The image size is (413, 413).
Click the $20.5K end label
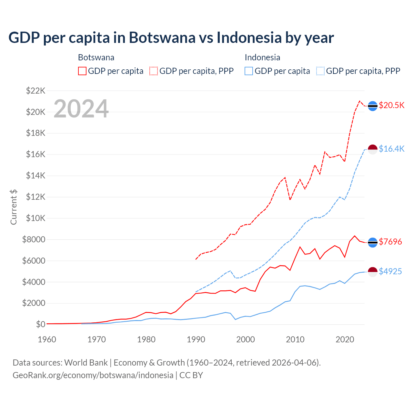[391, 106]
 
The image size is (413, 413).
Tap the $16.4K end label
[391, 149]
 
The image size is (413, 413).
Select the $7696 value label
[390, 242]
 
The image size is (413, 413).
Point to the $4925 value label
[390, 271]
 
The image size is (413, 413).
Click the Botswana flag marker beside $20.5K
[373, 106]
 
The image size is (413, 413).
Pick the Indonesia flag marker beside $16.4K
[373, 149]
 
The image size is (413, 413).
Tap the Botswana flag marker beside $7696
[373, 242]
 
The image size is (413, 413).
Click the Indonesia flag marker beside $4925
[373, 272]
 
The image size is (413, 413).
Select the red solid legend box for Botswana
[82, 71]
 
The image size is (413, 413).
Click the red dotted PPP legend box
[154, 71]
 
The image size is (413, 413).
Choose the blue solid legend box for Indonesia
[249, 71]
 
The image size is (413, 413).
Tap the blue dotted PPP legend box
[320, 71]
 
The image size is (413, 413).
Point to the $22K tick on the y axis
[35, 91]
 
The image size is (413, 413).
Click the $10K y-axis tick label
[35, 218]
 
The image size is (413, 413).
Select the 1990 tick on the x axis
[196, 339]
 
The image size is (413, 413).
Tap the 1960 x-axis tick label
[47, 339]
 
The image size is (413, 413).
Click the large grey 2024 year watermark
[81, 109]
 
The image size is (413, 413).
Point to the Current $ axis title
[14, 207]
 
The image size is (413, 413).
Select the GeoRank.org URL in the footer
[93, 375]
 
